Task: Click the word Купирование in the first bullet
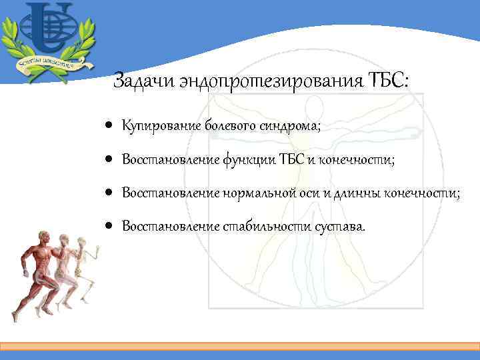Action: click(161, 125)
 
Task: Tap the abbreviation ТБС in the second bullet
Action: click(289, 159)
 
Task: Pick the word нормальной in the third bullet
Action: click(253, 193)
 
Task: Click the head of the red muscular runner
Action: click(45, 237)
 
